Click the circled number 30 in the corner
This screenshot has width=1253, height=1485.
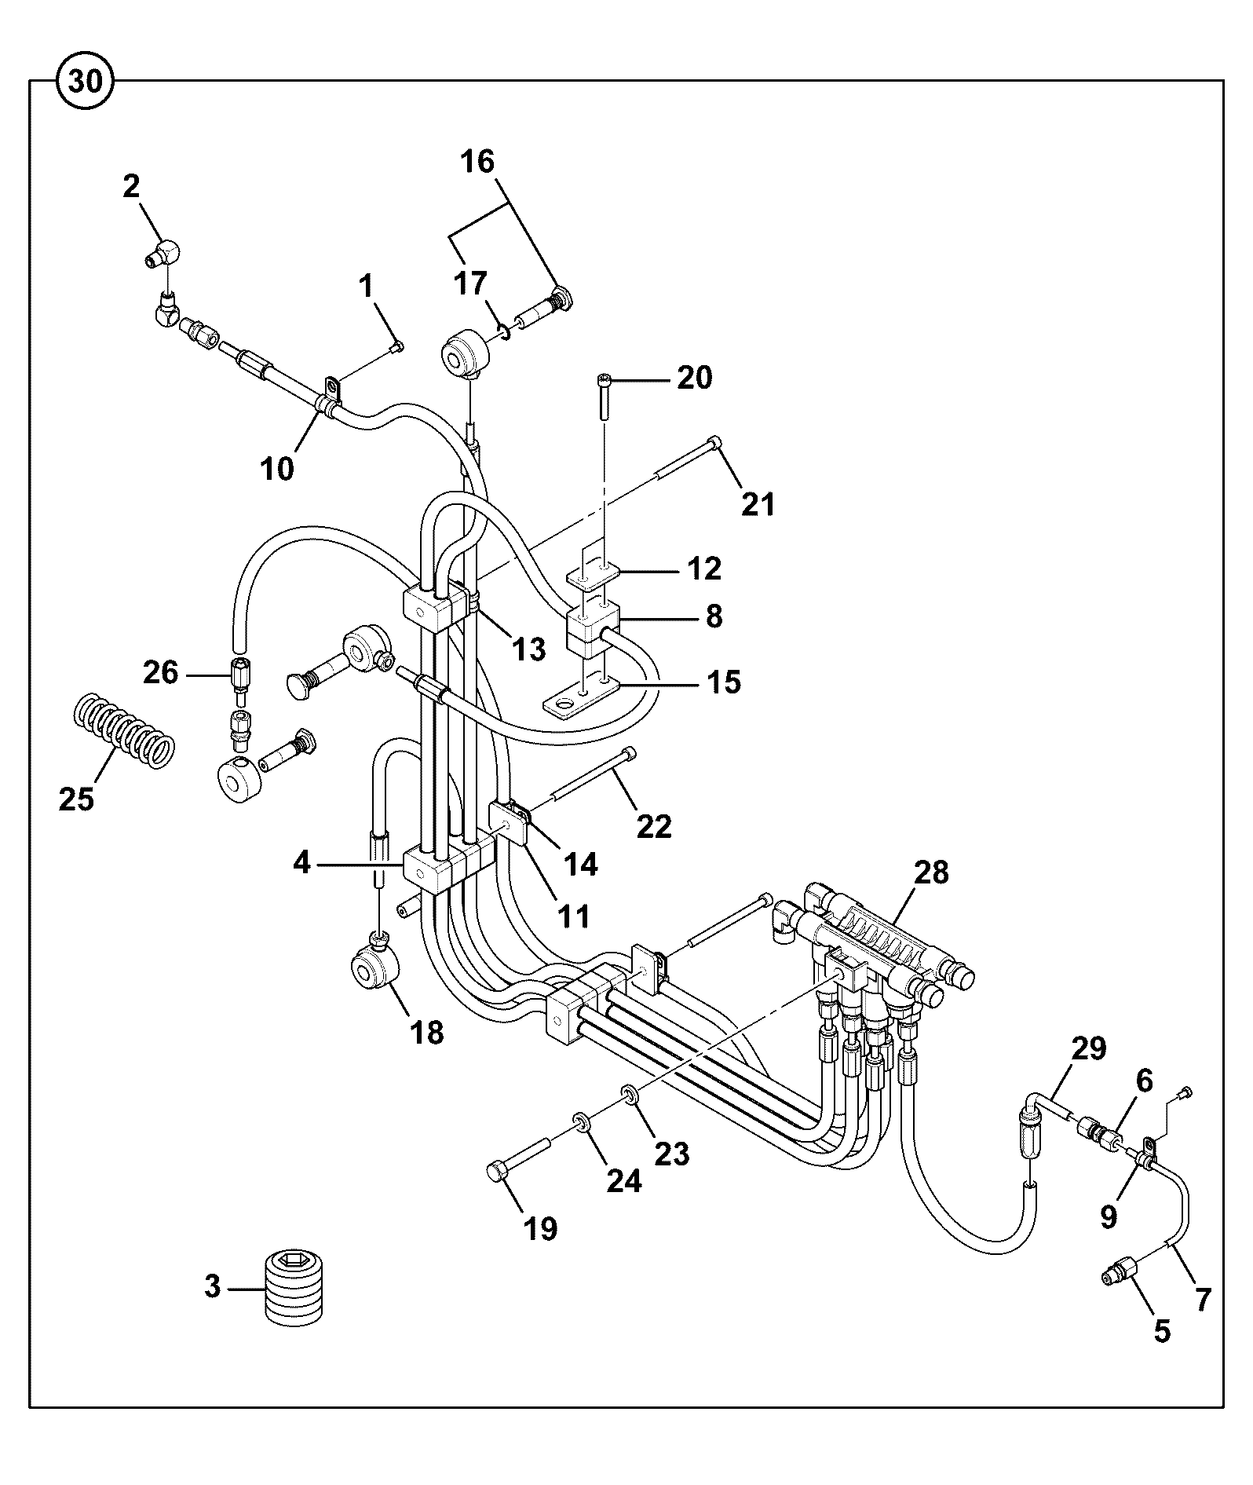point(86,81)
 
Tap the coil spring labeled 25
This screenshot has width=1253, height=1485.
point(123,730)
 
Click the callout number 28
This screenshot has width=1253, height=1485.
point(931,872)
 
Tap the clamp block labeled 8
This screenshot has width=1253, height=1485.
point(594,627)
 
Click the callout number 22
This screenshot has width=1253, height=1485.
point(654,826)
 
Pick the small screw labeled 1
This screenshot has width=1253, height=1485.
point(397,346)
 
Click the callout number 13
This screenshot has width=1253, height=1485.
point(528,649)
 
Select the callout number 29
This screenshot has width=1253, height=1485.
point(1089,1048)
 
